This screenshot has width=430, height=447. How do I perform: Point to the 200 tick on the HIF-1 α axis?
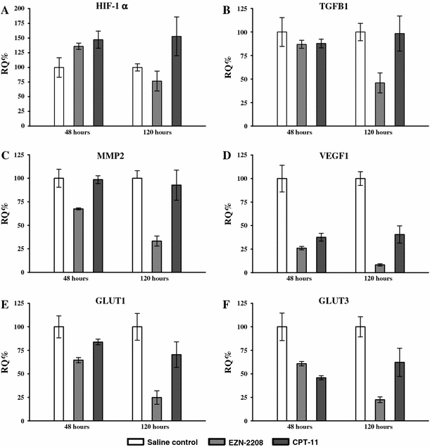click(x=29, y=8)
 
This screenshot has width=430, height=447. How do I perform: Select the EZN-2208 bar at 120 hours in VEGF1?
click(x=379, y=269)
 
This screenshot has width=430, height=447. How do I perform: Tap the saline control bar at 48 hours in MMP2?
click(x=59, y=225)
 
